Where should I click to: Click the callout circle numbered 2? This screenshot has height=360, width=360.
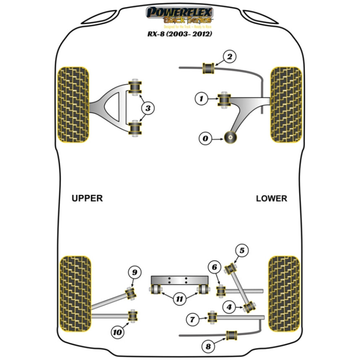(x=230, y=57)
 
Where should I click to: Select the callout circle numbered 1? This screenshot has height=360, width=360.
(x=202, y=98)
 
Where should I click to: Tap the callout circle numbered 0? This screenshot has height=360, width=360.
(x=205, y=138)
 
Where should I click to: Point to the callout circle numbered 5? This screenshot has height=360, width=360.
(x=242, y=250)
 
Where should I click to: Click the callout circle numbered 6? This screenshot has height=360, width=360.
(x=215, y=267)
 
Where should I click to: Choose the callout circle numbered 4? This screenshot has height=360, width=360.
(x=229, y=307)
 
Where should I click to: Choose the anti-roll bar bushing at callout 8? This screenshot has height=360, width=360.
(x=230, y=335)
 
